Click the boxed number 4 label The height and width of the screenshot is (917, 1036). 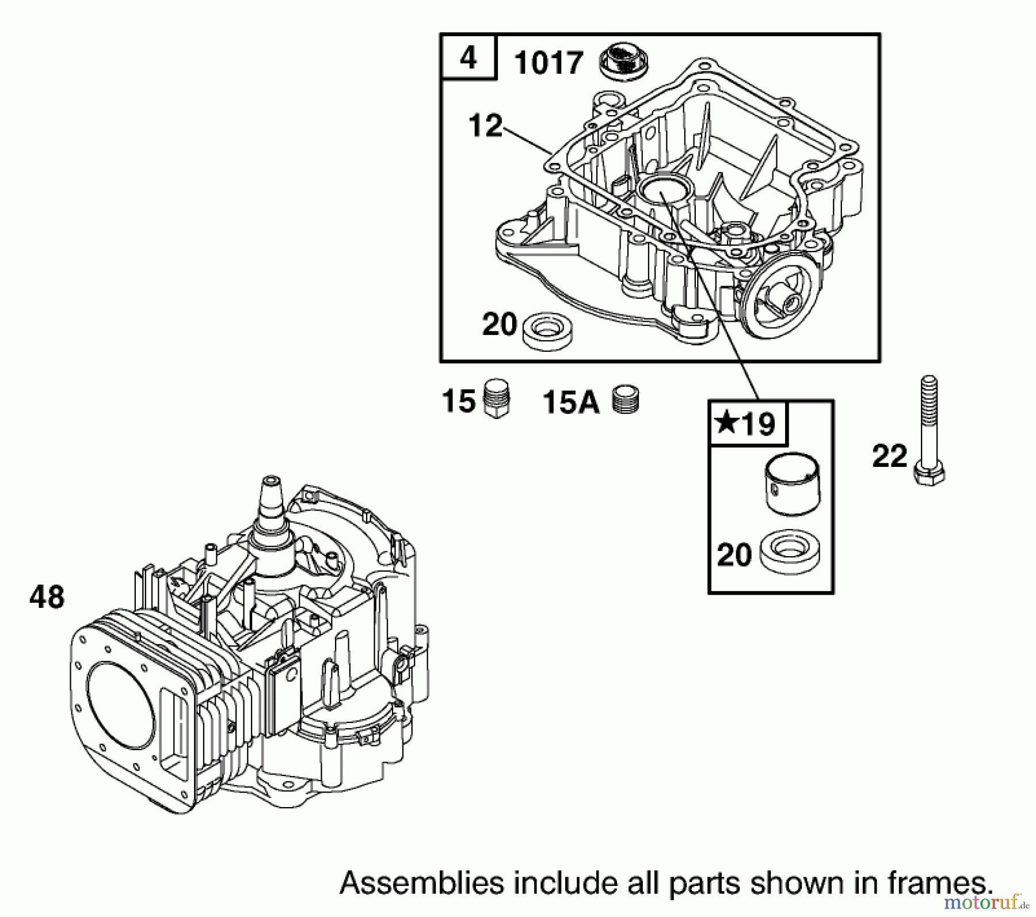tap(469, 58)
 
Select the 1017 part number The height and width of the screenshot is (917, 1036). tap(549, 63)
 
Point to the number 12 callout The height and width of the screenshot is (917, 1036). tap(485, 126)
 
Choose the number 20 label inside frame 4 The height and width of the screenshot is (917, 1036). tap(499, 325)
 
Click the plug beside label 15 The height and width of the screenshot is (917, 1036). tap(496, 398)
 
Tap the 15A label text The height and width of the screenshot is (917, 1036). tap(570, 402)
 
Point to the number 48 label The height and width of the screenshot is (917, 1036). tap(47, 598)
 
